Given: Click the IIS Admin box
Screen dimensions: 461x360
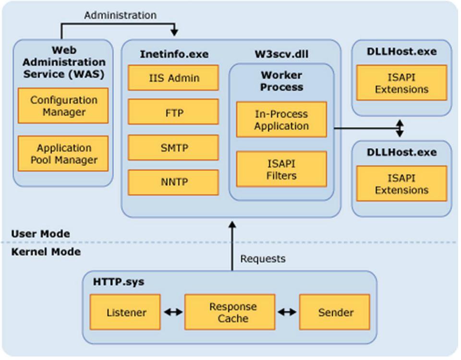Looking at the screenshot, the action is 173,78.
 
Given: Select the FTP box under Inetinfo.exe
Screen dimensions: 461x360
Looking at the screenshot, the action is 173,112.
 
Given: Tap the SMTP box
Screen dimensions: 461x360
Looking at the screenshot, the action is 173,148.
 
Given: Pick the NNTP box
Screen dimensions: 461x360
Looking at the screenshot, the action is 173,182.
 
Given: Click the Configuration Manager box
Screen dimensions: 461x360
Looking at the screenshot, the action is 63,106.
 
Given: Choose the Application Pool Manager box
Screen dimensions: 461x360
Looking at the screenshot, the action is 63,154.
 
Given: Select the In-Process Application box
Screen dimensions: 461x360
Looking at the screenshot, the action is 282,120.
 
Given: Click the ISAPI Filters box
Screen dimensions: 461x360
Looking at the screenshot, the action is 282,169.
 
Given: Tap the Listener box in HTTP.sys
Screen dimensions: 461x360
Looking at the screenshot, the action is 125,312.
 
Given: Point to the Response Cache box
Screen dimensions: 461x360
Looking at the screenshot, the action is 230,312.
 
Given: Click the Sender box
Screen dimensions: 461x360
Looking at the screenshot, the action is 335,312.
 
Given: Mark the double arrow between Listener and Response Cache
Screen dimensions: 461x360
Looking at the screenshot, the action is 173,312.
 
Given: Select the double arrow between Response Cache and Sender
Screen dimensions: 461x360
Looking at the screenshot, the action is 287,312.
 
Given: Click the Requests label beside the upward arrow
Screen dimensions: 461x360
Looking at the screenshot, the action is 263,259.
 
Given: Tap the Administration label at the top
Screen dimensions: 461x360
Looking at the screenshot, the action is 120,15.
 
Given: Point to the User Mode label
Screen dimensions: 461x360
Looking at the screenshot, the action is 40,234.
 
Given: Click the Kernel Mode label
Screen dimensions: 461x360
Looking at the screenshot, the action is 46,252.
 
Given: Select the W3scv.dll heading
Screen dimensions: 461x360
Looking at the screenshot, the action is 282,54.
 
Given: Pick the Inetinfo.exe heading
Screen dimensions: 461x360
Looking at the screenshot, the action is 174,54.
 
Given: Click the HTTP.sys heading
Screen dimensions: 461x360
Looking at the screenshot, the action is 119,282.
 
